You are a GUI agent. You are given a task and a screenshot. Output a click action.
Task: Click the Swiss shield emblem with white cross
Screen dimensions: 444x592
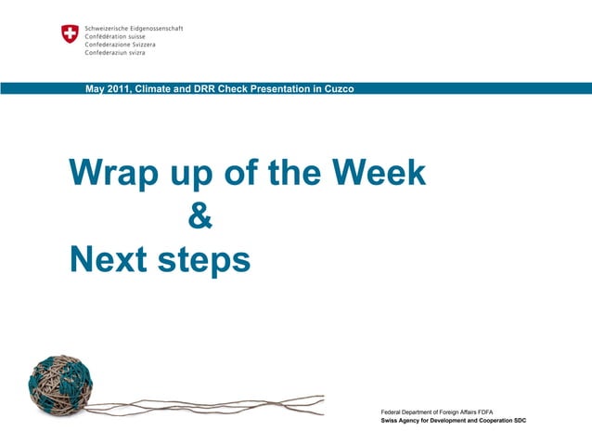pos(70,34)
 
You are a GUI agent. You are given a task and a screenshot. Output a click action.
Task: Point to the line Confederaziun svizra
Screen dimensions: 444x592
pos(115,53)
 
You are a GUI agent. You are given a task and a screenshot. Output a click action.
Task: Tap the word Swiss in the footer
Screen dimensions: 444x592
pos(392,421)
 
